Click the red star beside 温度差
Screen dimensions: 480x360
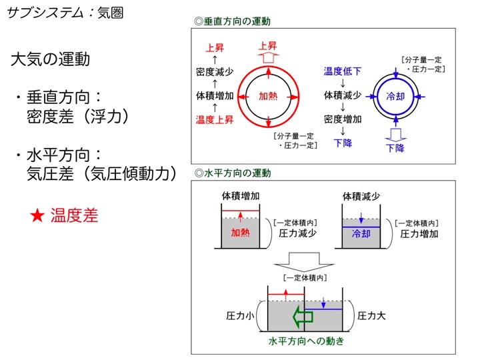(37, 215)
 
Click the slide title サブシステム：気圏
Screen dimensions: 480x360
(65, 13)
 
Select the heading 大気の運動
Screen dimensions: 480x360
(50, 59)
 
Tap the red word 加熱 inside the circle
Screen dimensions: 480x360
(268, 96)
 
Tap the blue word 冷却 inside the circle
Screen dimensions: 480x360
(395, 97)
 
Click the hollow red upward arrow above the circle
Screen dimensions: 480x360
(268, 57)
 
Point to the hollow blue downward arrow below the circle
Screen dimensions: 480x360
(395, 135)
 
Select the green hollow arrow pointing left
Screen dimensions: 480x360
(303, 316)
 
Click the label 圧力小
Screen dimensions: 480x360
(240, 315)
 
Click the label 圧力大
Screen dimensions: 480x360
(371, 315)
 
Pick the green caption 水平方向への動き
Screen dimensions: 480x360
(306, 341)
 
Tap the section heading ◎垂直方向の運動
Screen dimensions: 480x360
(233, 21)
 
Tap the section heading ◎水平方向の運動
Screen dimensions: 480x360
(233, 173)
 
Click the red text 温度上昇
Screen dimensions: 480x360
(215, 119)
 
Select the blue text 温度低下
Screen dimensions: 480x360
(343, 71)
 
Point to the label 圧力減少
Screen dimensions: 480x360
(297, 233)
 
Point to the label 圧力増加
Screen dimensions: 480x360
(419, 234)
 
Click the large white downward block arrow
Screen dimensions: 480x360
(304, 261)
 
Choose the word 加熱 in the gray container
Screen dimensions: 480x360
(240, 233)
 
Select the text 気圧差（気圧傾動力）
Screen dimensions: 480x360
(102, 173)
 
